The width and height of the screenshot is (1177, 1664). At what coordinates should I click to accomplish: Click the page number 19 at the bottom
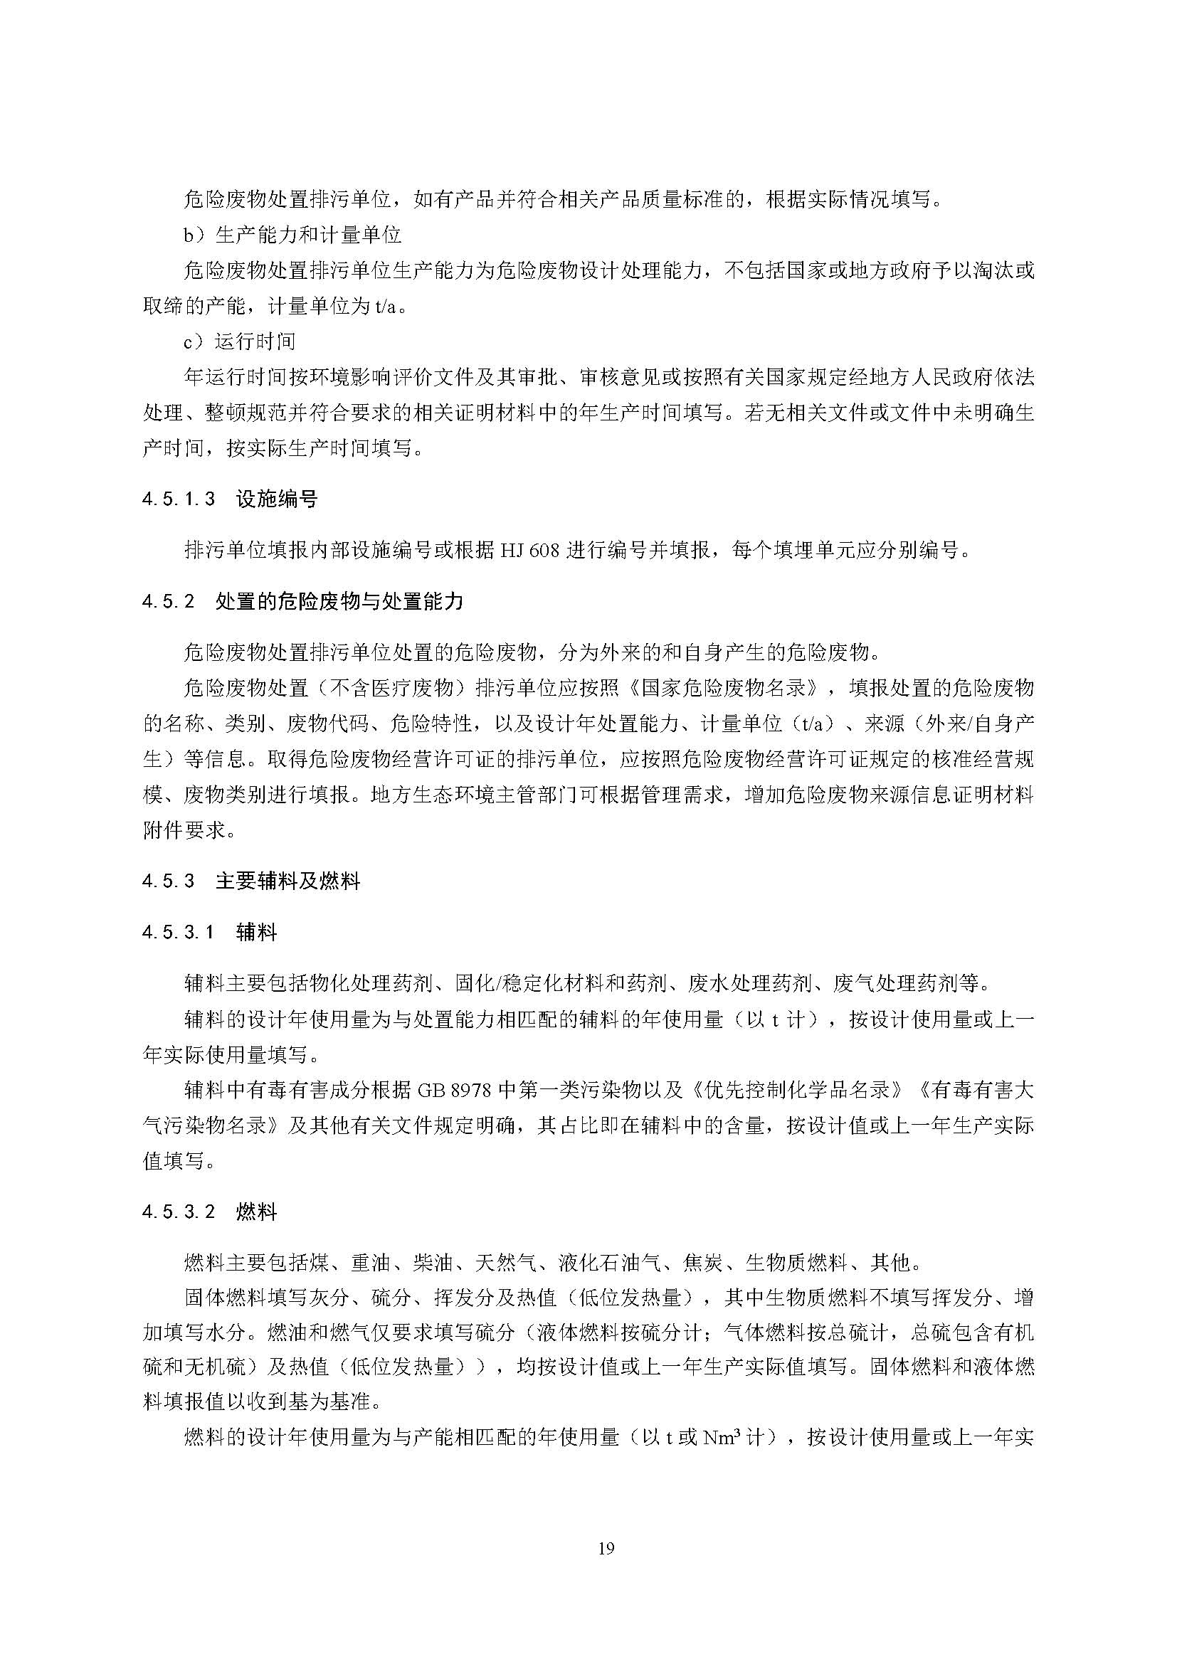pos(606,1549)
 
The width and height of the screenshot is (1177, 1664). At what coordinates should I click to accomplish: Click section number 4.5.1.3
pos(179,499)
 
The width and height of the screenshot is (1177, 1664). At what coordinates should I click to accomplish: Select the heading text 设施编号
pos(277,499)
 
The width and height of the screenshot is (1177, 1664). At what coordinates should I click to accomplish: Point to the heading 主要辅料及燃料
pos(287,881)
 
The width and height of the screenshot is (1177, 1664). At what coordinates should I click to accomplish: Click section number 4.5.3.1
pos(179,933)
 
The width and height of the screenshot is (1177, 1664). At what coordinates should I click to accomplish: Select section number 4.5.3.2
pos(179,1212)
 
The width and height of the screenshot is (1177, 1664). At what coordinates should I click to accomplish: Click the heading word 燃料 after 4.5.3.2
pos(257,1212)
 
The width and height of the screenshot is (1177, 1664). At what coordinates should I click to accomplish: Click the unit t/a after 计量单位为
pos(387,306)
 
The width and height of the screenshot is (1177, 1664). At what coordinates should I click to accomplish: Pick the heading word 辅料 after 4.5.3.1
pos(257,933)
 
